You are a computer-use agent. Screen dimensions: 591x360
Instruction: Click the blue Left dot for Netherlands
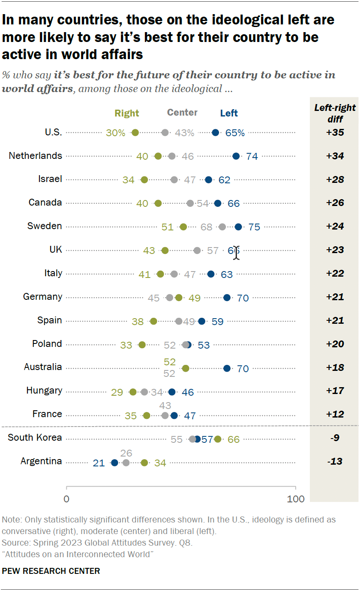[x=236, y=156]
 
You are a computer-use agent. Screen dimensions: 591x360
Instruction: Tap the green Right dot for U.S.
[x=135, y=133]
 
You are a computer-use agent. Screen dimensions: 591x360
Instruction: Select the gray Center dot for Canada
[x=190, y=203]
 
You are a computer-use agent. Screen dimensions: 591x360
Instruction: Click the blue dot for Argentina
[x=114, y=463]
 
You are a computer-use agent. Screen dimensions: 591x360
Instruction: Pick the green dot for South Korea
[x=218, y=439]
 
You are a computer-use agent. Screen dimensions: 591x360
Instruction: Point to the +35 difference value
[x=335, y=132]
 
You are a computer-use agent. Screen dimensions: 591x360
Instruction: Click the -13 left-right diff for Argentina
[x=335, y=461]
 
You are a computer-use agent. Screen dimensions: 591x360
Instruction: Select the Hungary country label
[x=44, y=391]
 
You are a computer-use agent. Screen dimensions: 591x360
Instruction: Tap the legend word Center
[x=182, y=113]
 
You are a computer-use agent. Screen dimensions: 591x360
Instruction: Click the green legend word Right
[x=127, y=113]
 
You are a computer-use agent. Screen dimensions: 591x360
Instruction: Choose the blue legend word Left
[x=229, y=113]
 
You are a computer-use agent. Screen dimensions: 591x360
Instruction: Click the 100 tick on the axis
[x=295, y=499]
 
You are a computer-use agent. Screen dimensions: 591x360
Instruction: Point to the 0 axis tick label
[x=66, y=499]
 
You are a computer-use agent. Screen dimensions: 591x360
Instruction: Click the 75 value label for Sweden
[x=254, y=227]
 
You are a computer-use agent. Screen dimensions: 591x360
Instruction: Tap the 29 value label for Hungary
[x=117, y=392]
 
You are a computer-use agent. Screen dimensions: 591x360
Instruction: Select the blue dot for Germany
[x=227, y=298]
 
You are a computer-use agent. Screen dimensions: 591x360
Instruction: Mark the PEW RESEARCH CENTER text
[x=51, y=571]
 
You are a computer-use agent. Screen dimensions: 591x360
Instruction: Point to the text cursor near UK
[x=236, y=253]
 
